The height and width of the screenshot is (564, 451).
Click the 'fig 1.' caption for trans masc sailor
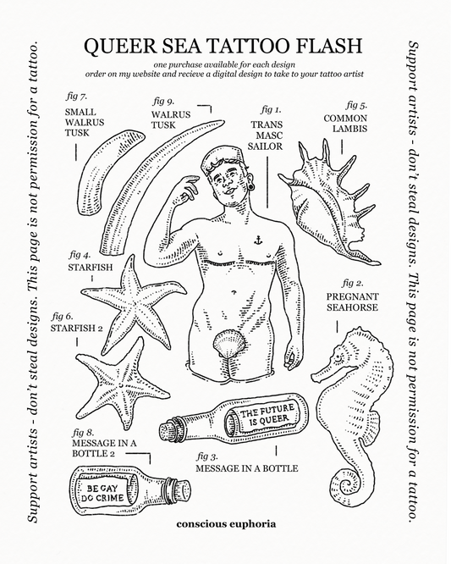point(270,109)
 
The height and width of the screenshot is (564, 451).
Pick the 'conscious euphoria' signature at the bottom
point(225,523)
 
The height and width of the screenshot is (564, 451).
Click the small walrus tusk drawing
point(99,174)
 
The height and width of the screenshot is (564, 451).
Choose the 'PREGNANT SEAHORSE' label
point(352,302)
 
